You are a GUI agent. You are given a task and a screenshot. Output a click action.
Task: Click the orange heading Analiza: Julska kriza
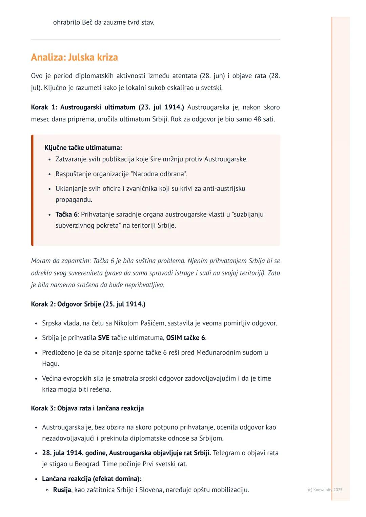click(x=74, y=57)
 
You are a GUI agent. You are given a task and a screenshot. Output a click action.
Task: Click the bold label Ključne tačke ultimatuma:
click(x=83, y=148)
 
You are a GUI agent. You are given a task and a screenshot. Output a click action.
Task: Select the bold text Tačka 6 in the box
click(x=66, y=214)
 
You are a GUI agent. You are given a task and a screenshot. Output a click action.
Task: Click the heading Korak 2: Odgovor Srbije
click(x=88, y=304)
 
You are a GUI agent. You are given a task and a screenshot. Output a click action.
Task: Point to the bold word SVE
click(x=103, y=338)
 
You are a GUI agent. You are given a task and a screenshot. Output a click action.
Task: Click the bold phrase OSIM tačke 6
click(x=186, y=338)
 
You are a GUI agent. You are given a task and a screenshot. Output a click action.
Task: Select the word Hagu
click(x=50, y=363)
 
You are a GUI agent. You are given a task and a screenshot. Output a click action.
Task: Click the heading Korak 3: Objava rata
click(x=87, y=408)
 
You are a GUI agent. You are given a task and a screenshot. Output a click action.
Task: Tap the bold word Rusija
click(x=62, y=490)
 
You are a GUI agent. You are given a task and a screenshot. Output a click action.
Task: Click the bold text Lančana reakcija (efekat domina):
click(x=92, y=479)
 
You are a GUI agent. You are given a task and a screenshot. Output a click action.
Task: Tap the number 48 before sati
click(x=258, y=119)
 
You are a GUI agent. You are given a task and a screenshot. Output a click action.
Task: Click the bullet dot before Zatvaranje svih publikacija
click(x=50, y=159)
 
